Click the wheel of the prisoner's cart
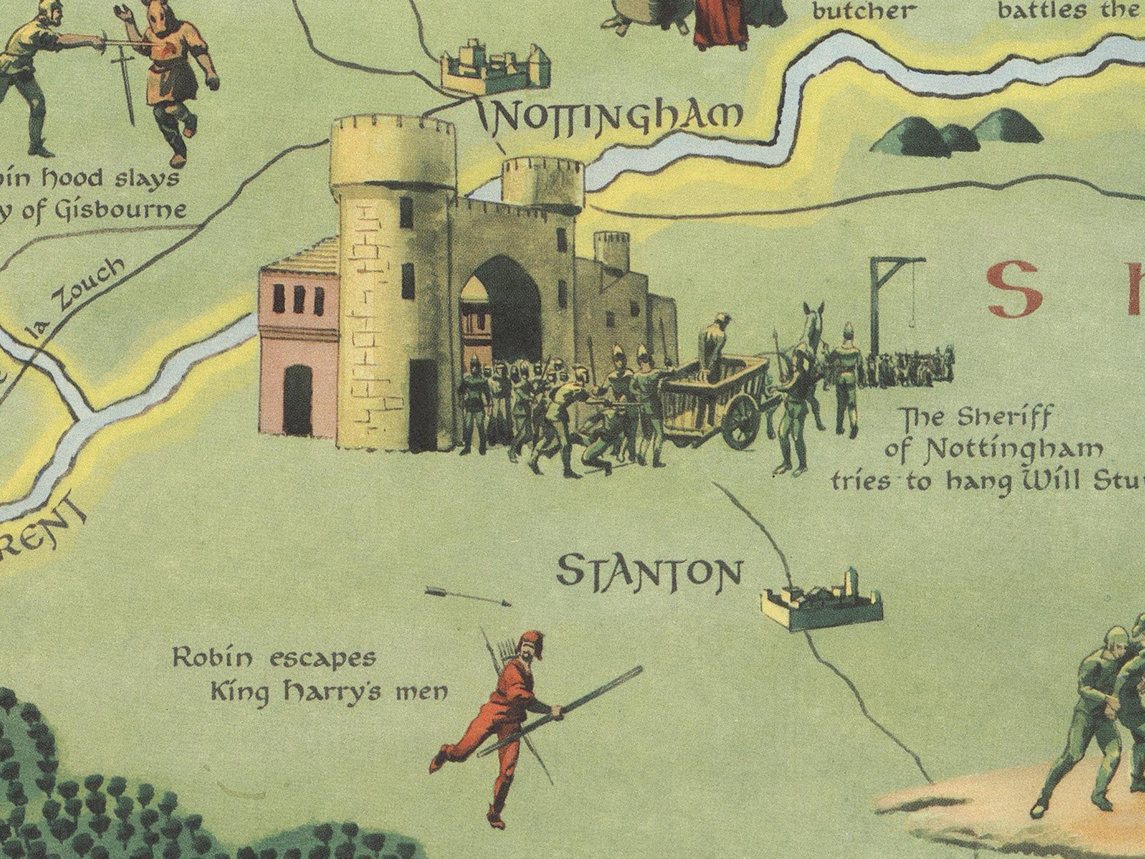click(742, 420)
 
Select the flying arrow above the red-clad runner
click(467, 597)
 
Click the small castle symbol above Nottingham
click(494, 67)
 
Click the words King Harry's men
click(329, 693)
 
